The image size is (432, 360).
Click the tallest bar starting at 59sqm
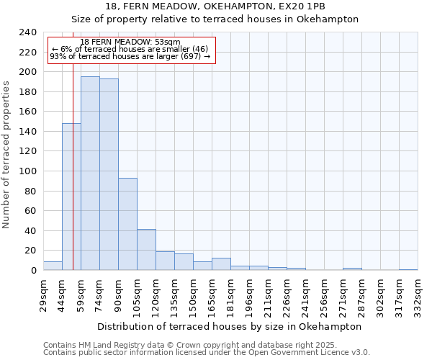(x=90, y=173)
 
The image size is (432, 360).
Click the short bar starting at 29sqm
(x=53, y=266)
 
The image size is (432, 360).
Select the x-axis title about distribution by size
(x=228, y=326)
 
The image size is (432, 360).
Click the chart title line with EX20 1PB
(x=215, y=6)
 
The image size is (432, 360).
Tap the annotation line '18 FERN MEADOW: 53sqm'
(x=130, y=42)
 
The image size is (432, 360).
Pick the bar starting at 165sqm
(x=221, y=264)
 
